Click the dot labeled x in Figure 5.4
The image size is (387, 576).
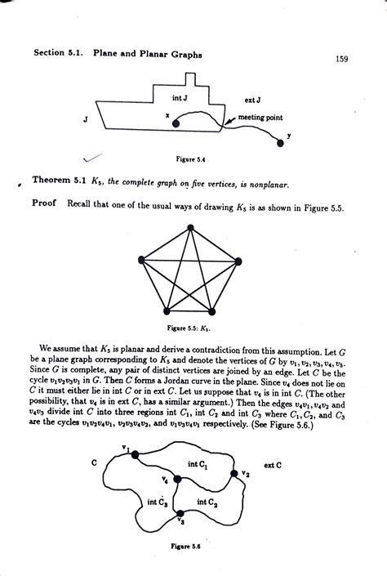click(x=177, y=123)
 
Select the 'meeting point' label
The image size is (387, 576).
click(x=260, y=118)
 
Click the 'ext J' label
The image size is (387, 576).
click(x=252, y=100)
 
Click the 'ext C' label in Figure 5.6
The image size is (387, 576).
click(x=274, y=466)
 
